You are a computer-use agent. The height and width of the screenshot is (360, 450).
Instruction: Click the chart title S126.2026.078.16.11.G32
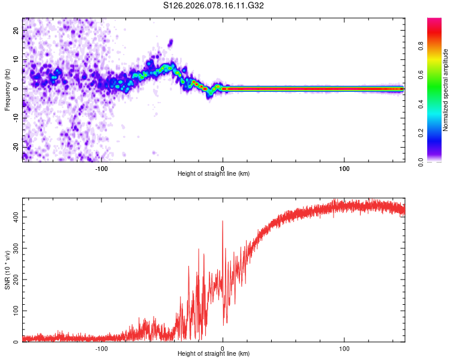tap(214, 6)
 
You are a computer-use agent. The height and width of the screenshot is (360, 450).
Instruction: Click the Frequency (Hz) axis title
tap(7, 89)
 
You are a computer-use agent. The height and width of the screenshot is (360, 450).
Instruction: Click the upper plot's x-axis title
tap(214, 173)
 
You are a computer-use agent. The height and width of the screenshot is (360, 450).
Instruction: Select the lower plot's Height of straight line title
tap(214, 354)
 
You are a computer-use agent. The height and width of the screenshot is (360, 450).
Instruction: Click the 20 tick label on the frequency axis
tap(16, 30)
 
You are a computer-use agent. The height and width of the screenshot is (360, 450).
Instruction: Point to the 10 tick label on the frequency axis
tap(16, 59)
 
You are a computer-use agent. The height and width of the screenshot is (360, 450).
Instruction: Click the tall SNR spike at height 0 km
tap(223, 222)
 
